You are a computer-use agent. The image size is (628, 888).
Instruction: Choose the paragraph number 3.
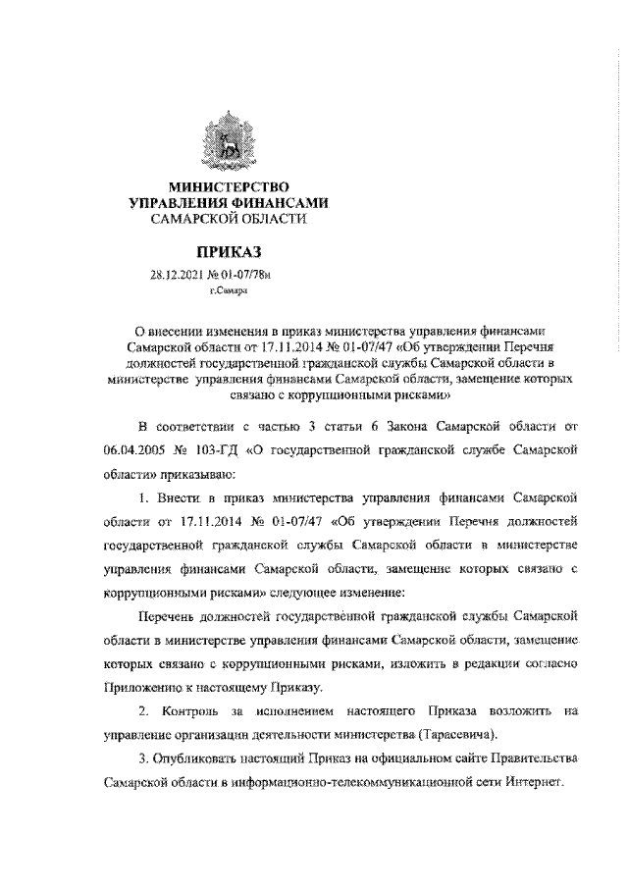(142, 758)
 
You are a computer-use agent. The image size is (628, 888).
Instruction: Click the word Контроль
(192, 708)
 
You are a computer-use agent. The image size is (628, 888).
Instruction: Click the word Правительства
(530, 758)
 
